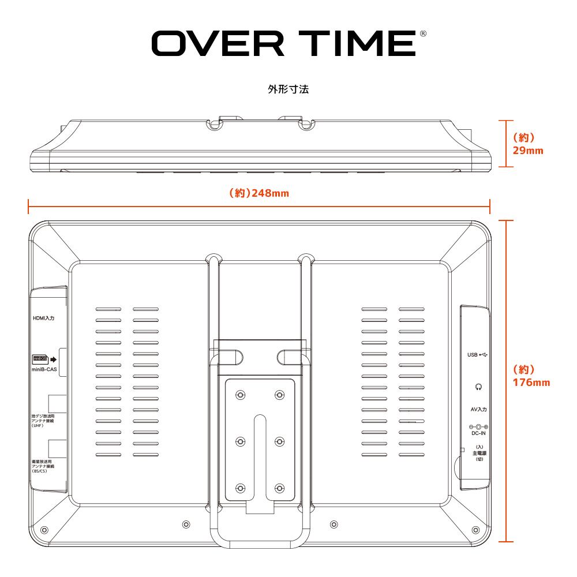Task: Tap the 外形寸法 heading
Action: click(x=288, y=90)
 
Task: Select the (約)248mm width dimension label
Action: click(x=259, y=193)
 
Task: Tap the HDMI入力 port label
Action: click(x=43, y=318)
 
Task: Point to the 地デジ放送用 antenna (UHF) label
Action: click(x=46, y=419)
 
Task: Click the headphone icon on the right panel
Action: click(x=478, y=387)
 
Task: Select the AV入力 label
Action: click(x=478, y=409)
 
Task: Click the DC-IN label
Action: click(x=478, y=432)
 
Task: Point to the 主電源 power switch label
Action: click(x=479, y=453)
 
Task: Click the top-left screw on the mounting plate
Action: click(x=241, y=395)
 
